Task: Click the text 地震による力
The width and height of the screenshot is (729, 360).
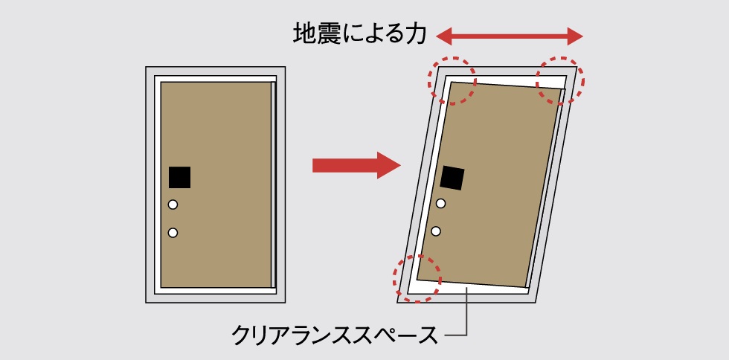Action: (359, 34)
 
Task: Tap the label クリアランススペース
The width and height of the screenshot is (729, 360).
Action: (334, 335)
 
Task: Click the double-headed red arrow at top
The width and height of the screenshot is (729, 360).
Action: (509, 36)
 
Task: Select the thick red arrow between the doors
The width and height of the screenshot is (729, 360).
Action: (356, 165)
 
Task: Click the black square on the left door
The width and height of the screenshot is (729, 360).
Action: (179, 177)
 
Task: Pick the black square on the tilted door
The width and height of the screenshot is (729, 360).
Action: (452, 178)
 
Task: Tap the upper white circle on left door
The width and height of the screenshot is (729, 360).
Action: (173, 205)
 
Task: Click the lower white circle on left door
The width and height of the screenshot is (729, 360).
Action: (173, 233)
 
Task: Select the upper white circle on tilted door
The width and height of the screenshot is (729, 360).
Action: (440, 203)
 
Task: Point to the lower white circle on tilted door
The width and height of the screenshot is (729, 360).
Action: (436, 231)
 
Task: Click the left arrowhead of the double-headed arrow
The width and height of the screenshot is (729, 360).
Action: (443, 36)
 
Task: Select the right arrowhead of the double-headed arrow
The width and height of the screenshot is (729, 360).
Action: (575, 36)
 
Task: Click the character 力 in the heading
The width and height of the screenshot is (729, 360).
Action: (416, 34)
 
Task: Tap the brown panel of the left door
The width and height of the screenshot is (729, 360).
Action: (216, 184)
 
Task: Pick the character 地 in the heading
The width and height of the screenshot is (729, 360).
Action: (304, 34)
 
